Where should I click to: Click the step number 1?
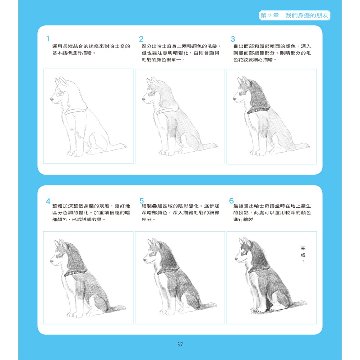[48, 38]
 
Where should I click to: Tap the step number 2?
[141, 39]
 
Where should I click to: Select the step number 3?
[233, 39]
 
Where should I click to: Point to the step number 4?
[48, 201]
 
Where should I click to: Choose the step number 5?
[142, 201]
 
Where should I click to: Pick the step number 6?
[231, 201]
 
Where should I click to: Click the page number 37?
[180, 345]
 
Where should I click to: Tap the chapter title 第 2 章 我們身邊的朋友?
[295, 15]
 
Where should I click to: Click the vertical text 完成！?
[303, 255]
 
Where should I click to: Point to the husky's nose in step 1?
[52, 100]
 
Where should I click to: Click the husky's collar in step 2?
[167, 111]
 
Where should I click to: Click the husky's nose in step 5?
[145, 260]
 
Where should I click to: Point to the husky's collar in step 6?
[259, 270]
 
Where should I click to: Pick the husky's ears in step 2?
[153, 82]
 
